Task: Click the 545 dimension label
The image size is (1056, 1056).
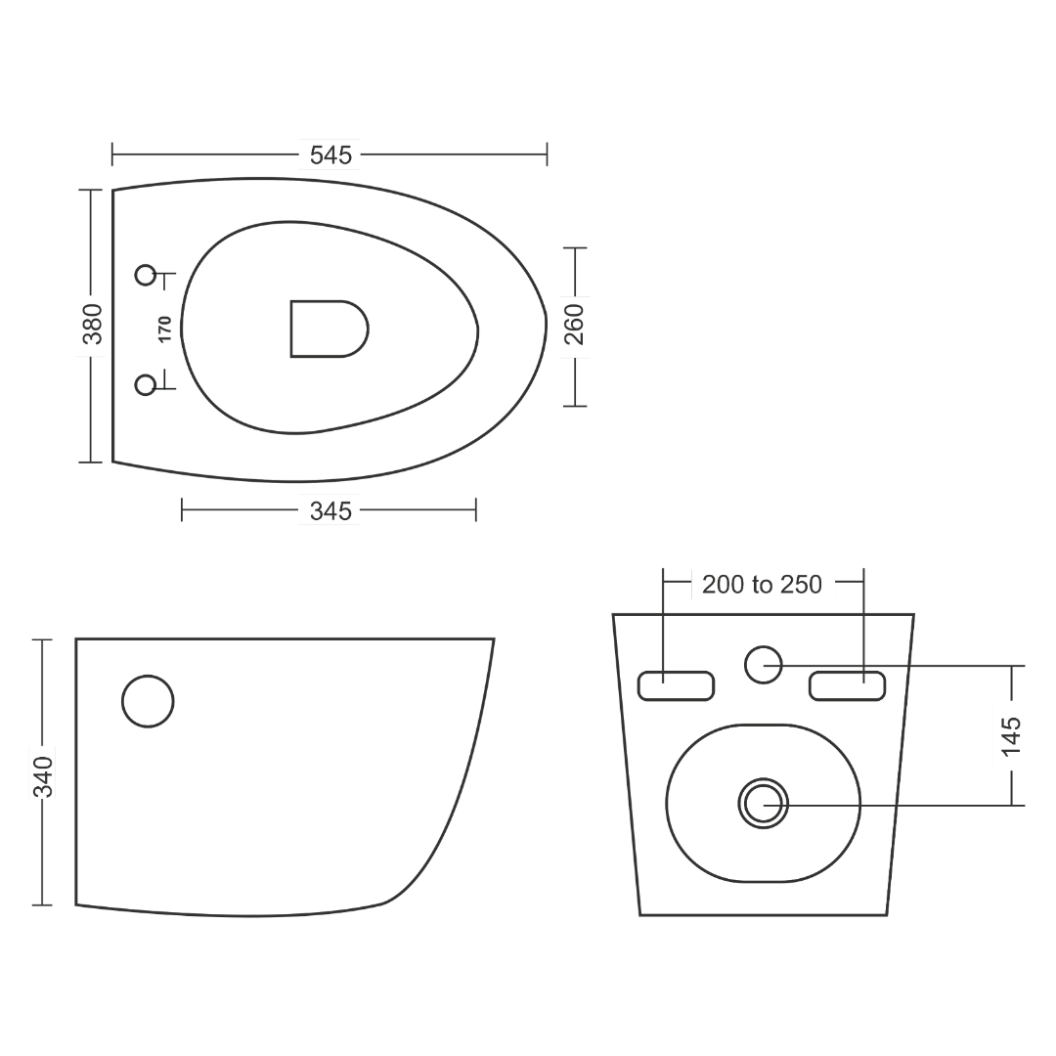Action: coord(330,155)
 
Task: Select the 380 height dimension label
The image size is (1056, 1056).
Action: coord(93,324)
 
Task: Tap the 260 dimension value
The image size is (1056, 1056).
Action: coord(575,325)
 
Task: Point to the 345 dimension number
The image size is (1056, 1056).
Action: coord(330,511)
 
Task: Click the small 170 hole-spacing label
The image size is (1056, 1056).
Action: coord(165,330)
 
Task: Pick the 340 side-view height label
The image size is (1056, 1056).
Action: coord(43,776)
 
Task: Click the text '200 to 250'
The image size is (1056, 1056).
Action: coord(762,585)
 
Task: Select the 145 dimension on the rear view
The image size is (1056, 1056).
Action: coord(1012,736)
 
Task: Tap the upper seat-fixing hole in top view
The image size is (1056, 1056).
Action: coord(146,275)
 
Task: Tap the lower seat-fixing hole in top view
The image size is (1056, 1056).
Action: coord(146,385)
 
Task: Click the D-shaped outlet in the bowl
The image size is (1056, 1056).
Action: coord(330,329)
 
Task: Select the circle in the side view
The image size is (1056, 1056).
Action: coord(149,701)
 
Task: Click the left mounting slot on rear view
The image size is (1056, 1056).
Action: coord(676,685)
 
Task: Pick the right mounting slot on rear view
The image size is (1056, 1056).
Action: coord(847,685)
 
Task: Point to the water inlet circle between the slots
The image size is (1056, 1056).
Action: coord(763,665)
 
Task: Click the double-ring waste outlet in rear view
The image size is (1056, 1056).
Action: coord(763,804)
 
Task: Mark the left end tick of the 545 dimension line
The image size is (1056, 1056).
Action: coord(112,154)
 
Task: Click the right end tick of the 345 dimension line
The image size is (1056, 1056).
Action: coord(476,509)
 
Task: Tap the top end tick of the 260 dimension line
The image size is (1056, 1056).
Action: coord(575,247)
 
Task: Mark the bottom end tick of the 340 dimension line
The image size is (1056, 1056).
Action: coord(42,905)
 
